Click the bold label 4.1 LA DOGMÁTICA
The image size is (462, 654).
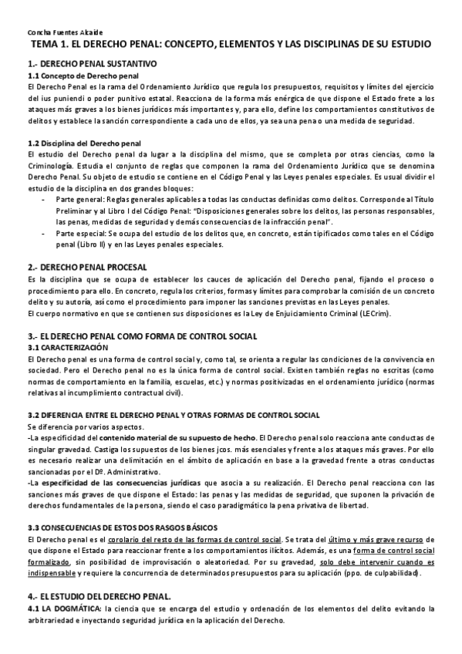[x=63, y=608]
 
